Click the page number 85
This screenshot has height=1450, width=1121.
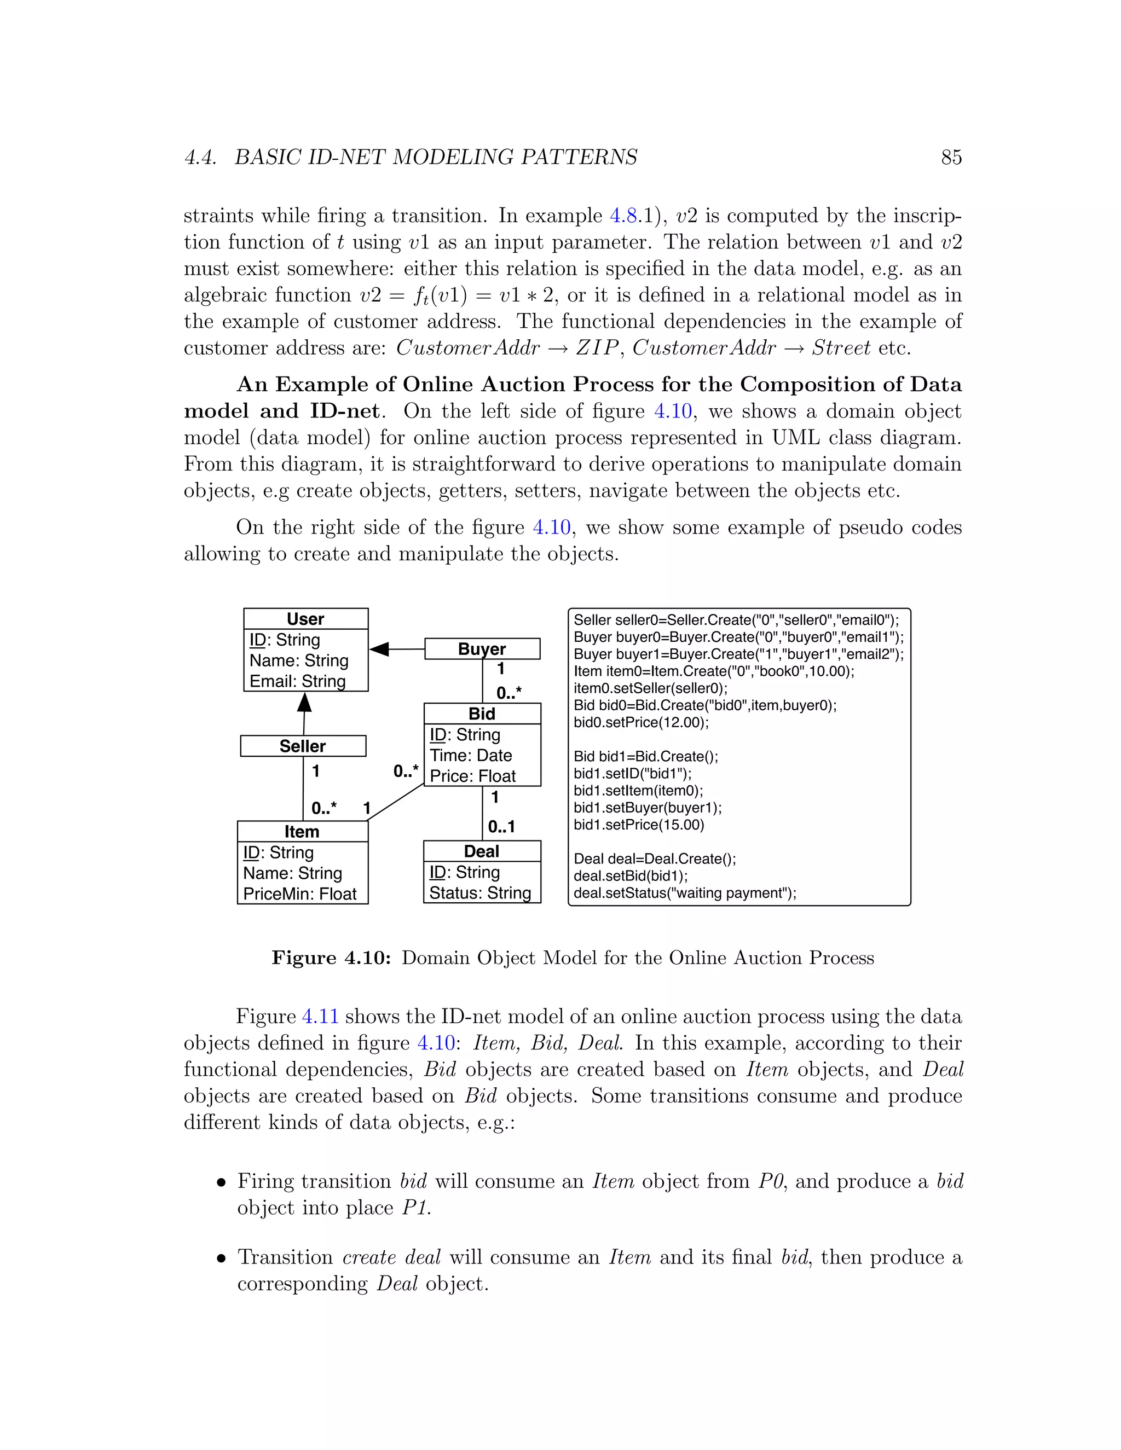tap(951, 158)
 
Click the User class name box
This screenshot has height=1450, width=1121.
tap(305, 619)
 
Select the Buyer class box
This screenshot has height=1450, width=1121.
tap(482, 648)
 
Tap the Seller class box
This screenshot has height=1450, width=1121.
tap(303, 746)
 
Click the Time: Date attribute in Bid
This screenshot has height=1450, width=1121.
tap(471, 756)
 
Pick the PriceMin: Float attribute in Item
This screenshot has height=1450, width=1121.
tap(300, 894)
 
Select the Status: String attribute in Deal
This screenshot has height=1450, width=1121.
tap(480, 892)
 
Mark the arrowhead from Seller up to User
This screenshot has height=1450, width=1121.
tap(304, 703)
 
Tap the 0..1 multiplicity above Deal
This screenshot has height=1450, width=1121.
tap(501, 827)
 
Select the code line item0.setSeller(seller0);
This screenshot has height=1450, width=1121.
tap(650, 688)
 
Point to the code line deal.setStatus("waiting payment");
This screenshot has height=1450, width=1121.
tap(685, 893)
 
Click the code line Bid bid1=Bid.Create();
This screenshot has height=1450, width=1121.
tap(645, 757)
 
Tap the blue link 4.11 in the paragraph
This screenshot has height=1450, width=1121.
tap(320, 1017)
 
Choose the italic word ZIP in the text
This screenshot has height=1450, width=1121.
tap(597, 348)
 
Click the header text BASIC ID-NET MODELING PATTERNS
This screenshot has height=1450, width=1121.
tap(436, 158)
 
